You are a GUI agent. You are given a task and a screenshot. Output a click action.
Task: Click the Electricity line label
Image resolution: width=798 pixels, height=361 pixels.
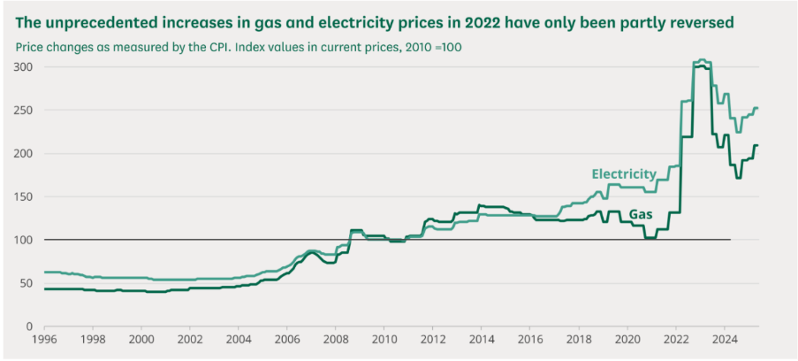[624, 173]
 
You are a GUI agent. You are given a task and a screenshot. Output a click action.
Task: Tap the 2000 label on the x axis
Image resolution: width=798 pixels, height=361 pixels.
[141, 339]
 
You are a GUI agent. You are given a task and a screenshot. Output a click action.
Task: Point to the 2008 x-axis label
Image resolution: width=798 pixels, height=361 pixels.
[336, 339]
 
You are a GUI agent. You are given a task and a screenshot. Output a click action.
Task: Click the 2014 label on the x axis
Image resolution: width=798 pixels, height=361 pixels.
[481, 339]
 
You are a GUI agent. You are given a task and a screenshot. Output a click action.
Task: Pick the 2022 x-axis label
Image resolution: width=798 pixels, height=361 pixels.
[675, 339]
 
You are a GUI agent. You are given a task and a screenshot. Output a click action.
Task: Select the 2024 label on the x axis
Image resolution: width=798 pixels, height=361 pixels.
[724, 339]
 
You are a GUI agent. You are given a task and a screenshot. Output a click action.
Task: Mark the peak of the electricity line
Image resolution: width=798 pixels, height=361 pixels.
[701, 60]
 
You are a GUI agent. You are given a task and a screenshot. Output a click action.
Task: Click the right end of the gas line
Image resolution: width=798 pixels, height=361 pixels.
[757, 145]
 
